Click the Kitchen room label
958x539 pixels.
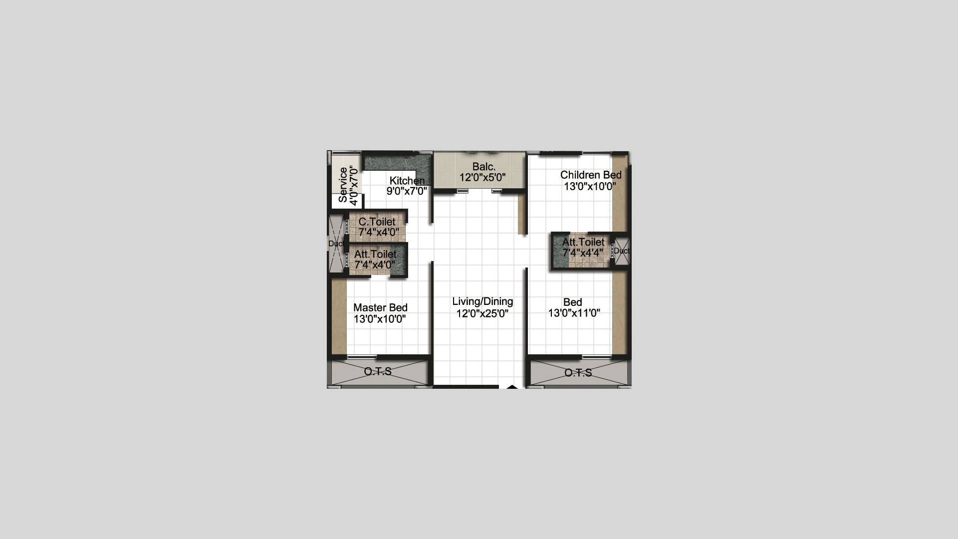point(407,181)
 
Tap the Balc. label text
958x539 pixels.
point(484,167)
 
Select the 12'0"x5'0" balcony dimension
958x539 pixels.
point(482,177)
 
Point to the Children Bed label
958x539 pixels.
point(591,175)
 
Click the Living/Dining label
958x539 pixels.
point(482,301)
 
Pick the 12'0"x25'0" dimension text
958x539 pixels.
point(482,313)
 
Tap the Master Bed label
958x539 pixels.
point(380,307)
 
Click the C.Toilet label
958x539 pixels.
point(377,222)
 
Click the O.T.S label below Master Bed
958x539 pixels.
point(378,371)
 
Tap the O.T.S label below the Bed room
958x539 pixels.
point(578,373)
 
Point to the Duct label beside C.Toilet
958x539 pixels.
point(336,244)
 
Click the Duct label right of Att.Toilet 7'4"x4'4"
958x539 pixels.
point(622,251)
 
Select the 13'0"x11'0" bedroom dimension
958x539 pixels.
point(574,313)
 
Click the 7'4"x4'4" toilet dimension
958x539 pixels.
point(583,253)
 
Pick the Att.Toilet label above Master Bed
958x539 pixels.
point(375,254)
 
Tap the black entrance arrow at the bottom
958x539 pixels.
point(512,386)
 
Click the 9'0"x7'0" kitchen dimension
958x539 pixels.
point(407,191)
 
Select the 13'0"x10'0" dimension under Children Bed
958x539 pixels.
point(590,186)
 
